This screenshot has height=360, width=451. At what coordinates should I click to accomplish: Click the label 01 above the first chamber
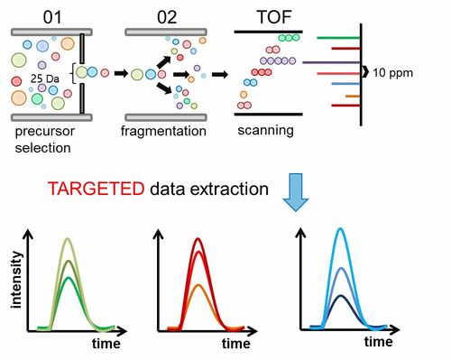point(52,17)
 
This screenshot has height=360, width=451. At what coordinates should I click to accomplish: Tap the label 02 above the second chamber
point(167,17)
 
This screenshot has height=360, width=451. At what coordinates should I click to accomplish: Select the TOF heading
point(274,17)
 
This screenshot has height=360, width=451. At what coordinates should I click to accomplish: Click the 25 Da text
point(45,78)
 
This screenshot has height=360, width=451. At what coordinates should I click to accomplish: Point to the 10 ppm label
point(392,73)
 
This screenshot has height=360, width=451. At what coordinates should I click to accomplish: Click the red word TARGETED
point(96,189)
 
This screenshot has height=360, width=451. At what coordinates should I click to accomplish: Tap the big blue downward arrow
point(296,192)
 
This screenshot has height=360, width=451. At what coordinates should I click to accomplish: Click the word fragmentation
point(163,132)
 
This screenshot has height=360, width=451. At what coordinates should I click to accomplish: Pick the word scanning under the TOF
point(265,131)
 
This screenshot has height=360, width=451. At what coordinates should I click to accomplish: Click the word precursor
point(44,132)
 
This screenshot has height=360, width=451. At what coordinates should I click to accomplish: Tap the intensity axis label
point(16,280)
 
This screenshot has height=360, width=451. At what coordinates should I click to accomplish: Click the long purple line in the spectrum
point(331,62)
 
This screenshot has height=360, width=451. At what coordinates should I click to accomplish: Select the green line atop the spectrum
point(338,38)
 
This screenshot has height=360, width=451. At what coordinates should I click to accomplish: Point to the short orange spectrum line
point(353,97)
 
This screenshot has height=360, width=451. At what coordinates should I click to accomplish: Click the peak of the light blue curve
point(340,228)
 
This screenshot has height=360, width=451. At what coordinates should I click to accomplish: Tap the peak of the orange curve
point(198,284)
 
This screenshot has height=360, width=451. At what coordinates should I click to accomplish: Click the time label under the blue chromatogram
point(379,342)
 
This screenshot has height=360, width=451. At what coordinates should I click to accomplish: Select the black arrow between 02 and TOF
point(220,74)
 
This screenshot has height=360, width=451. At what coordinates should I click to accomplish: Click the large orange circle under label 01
point(19,97)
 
